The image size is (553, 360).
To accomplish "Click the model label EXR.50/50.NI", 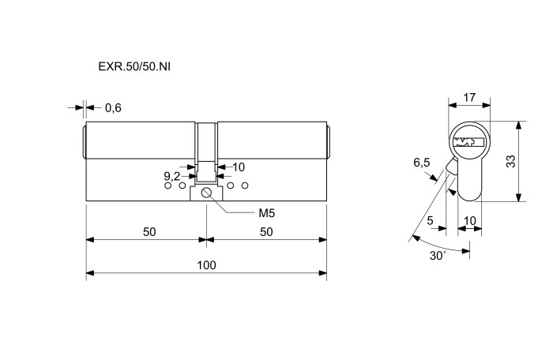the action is (134, 66).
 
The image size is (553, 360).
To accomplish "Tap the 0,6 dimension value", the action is (113, 108).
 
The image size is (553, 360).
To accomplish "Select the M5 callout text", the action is (267, 213).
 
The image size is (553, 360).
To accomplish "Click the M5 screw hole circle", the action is (206, 193).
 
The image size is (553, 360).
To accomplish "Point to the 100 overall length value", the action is (206, 265).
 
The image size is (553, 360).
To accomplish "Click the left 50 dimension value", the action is (149, 232).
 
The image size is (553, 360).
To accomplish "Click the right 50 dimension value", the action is (266, 232).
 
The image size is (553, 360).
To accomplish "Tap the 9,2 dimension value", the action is (171, 175).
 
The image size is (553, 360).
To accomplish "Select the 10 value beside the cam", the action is (239, 167).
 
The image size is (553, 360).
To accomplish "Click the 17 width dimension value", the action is (469, 97).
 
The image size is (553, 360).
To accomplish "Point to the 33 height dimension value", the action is (510, 161).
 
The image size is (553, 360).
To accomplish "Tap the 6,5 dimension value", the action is (422, 163).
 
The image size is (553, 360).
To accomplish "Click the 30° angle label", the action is (438, 256).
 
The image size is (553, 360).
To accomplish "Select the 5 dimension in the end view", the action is (430, 220).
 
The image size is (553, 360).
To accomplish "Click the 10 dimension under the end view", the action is (470, 221).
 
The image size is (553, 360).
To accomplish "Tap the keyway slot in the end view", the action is (469, 142).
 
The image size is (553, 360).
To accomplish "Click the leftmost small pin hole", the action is (167, 186).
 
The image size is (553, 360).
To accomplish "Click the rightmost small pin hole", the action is (245, 186).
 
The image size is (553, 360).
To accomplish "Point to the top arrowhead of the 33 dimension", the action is (518, 126).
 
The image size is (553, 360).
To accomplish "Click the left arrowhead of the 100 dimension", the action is (90, 273).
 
